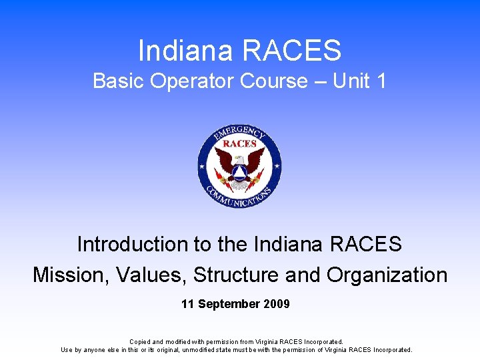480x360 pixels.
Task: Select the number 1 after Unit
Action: pos(381,81)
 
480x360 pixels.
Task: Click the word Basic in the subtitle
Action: pos(119,81)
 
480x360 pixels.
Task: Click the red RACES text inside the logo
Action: pos(239,144)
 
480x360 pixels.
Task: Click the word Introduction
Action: pos(133,244)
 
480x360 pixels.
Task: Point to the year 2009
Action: pos(277,304)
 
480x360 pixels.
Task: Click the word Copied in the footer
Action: pos(141,341)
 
